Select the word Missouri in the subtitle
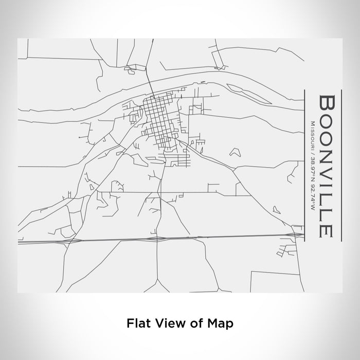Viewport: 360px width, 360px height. tap(313, 131)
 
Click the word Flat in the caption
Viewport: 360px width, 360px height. tap(137, 323)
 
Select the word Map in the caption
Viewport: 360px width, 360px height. tap(221, 323)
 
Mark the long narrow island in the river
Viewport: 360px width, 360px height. tap(242, 88)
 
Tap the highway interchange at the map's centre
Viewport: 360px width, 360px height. tap(157, 239)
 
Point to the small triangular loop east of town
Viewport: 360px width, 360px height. tap(236, 152)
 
